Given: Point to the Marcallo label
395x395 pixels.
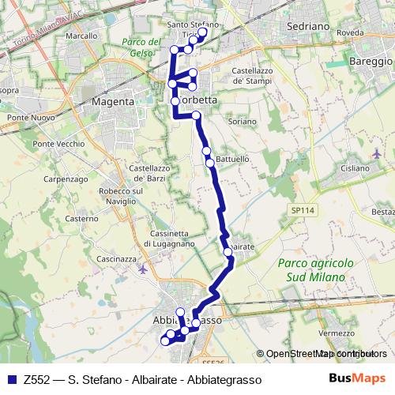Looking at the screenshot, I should coord(81,36).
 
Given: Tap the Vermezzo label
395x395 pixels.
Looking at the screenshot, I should coord(337,333).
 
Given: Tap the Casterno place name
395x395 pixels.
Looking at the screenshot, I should coord(81,218).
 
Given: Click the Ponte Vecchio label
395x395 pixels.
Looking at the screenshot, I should coord(59,144).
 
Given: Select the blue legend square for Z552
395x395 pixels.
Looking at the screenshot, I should coord(11,379).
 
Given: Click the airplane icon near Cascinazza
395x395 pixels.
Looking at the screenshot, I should coord(142,269).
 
